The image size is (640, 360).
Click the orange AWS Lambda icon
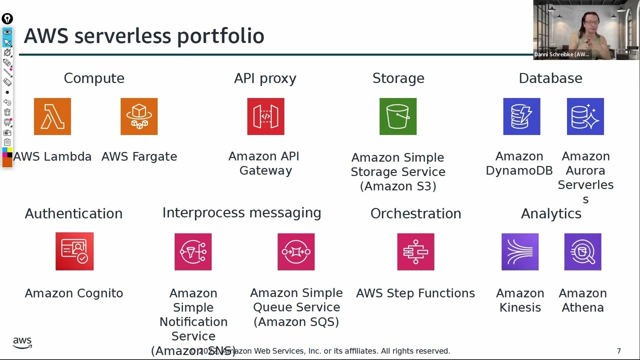click(52, 116)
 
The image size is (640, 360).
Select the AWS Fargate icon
click(139, 116)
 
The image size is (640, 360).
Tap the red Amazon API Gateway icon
click(265, 116)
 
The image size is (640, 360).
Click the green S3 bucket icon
click(398, 116)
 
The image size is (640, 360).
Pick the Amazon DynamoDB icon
click(521, 116)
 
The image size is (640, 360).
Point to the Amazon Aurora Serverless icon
click(585, 116)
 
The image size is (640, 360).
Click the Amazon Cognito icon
click(74, 251)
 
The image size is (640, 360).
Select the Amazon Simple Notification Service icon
click(193, 251)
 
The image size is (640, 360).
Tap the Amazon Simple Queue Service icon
click(296, 251)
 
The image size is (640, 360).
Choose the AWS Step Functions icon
click(415, 251)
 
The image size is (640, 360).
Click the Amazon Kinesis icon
click(520, 251)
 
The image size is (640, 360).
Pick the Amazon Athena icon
click(582, 251)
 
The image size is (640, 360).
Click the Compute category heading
click(94, 78)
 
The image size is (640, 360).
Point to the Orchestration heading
click(415, 213)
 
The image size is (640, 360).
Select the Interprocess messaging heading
click(241, 213)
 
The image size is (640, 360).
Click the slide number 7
click(619, 351)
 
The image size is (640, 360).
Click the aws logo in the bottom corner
click(22, 342)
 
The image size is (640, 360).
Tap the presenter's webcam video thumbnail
click(586, 30)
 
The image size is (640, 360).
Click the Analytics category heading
click(551, 213)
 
